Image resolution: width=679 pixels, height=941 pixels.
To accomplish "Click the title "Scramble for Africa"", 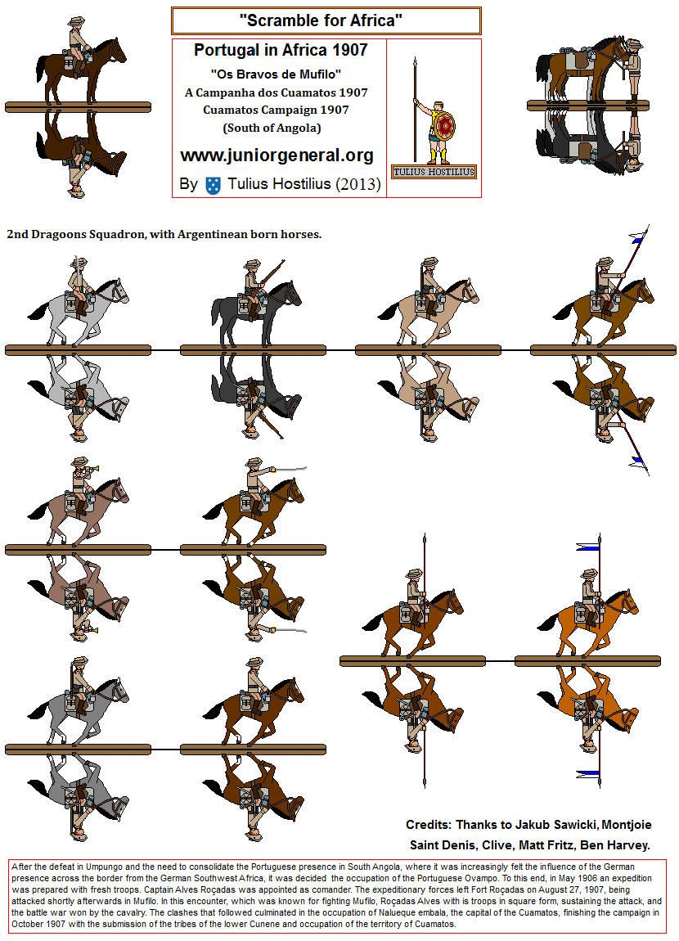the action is click(x=321, y=20).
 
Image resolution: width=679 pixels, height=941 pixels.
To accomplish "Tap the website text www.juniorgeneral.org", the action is click(x=277, y=155).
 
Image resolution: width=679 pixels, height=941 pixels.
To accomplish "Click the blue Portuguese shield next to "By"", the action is click(x=213, y=185).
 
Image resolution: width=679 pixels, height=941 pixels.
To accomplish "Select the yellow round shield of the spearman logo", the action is click(x=444, y=127).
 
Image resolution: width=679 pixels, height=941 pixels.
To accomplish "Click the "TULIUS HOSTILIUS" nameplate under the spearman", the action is click(x=434, y=172).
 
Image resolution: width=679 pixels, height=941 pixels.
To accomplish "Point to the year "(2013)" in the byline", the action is click(x=358, y=184).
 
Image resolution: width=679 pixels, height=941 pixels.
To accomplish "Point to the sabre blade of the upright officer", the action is click(x=291, y=469).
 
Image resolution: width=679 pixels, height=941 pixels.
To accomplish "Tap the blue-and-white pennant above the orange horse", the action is click(x=588, y=546).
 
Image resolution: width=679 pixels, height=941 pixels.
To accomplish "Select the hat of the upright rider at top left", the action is click(x=74, y=21).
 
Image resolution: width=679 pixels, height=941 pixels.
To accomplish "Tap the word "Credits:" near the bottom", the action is click(x=429, y=825).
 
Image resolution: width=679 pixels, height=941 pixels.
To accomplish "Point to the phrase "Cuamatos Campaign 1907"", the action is click(x=276, y=110).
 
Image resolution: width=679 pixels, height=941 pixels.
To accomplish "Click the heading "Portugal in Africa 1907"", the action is click(x=281, y=50).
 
